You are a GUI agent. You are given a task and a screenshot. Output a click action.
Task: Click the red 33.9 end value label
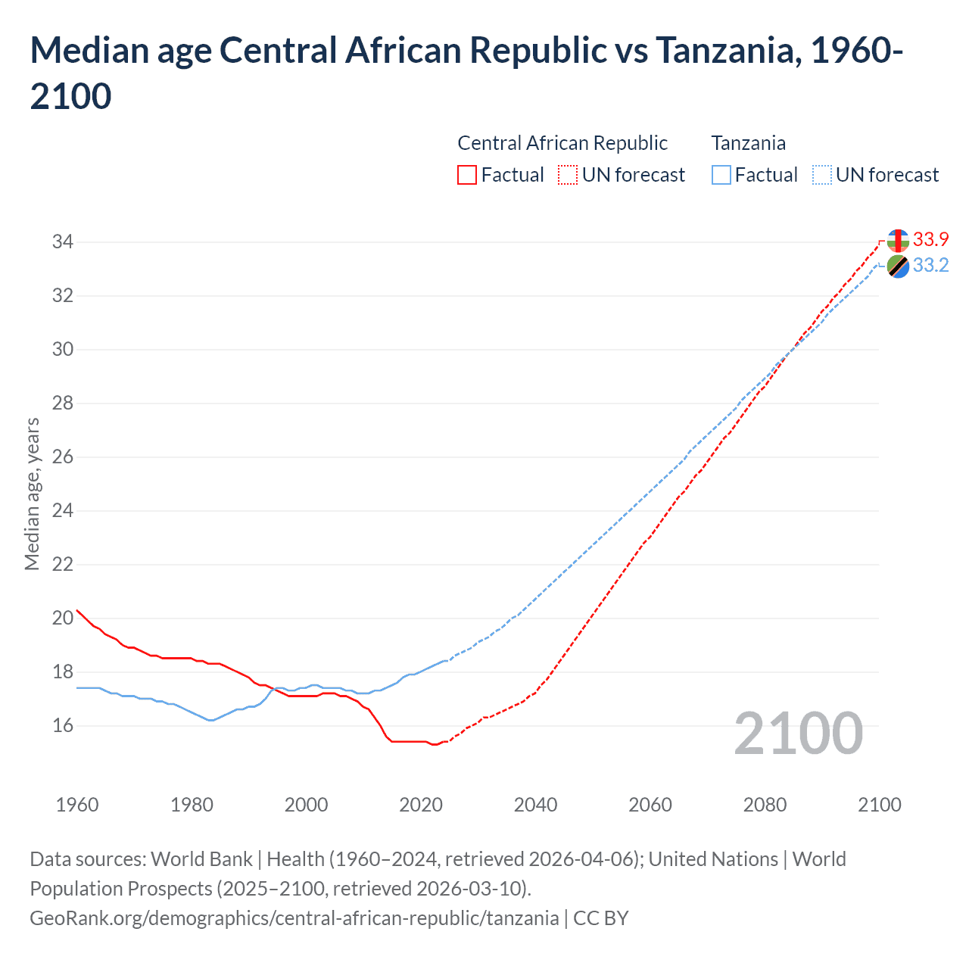click(x=930, y=239)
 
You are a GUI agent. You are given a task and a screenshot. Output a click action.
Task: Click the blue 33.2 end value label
click(x=930, y=265)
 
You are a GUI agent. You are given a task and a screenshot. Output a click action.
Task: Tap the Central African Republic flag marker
click(x=898, y=241)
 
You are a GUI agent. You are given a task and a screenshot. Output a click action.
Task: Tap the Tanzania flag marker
click(x=898, y=266)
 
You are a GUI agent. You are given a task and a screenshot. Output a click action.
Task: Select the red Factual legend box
click(x=467, y=175)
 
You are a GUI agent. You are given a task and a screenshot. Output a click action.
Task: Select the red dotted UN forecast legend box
click(x=568, y=175)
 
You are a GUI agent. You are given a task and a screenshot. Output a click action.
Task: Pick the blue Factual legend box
click(x=721, y=175)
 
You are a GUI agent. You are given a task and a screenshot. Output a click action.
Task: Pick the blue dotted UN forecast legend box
click(x=821, y=175)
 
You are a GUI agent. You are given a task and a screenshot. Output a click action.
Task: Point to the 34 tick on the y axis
click(x=62, y=242)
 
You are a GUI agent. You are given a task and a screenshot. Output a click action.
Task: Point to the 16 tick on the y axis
click(x=62, y=725)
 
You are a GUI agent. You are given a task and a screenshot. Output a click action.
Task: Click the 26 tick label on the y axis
click(x=62, y=456)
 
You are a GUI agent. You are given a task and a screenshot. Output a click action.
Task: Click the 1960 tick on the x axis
click(x=77, y=804)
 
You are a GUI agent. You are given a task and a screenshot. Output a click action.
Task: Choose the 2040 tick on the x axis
click(x=535, y=804)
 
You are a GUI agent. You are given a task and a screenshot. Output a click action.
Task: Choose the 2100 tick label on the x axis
click(x=879, y=804)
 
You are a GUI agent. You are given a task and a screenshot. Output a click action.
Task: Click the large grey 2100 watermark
click(x=798, y=734)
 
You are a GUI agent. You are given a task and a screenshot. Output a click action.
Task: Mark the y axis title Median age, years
click(x=32, y=494)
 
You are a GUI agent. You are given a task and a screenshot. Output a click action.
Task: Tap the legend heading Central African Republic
click(x=562, y=143)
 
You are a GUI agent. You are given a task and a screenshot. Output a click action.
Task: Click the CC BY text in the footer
click(x=601, y=918)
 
